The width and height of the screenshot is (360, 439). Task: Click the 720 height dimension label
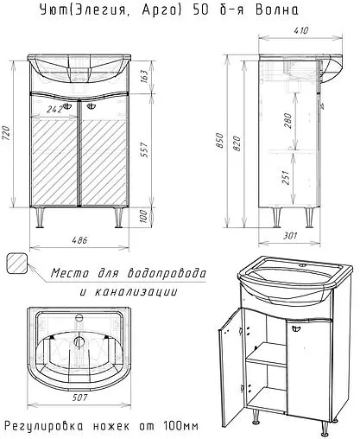(x=6, y=133)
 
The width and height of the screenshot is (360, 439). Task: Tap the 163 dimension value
(x=145, y=76)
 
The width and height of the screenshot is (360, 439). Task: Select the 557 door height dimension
(x=145, y=150)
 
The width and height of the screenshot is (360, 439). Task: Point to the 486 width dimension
(x=79, y=240)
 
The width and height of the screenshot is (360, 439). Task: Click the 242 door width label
(x=54, y=110)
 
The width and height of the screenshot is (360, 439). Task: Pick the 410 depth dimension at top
(x=300, y=30)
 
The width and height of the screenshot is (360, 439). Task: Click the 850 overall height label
(x=220, y=140)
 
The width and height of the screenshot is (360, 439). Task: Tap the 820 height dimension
(x=237, y=143)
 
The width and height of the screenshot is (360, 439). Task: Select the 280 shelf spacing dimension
(x=287, y=121)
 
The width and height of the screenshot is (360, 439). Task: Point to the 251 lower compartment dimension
(x=285, y=177)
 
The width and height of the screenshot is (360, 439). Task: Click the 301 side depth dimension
(x=290, y=236)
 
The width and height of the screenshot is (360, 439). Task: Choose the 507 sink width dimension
(x=79, y=398)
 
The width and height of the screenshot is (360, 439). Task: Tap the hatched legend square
(x=17, y=264)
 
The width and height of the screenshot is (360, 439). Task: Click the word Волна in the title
(x=277, y=10)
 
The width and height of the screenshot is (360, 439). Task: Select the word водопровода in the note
(x=167, y=272)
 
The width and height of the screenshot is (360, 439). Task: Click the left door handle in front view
(x=67, y=106)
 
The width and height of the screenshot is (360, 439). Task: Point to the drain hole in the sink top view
(x=79, y=341)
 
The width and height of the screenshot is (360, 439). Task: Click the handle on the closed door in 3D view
(x=296, y=328)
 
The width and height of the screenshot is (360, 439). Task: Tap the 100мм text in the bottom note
(x=180, y=426)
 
